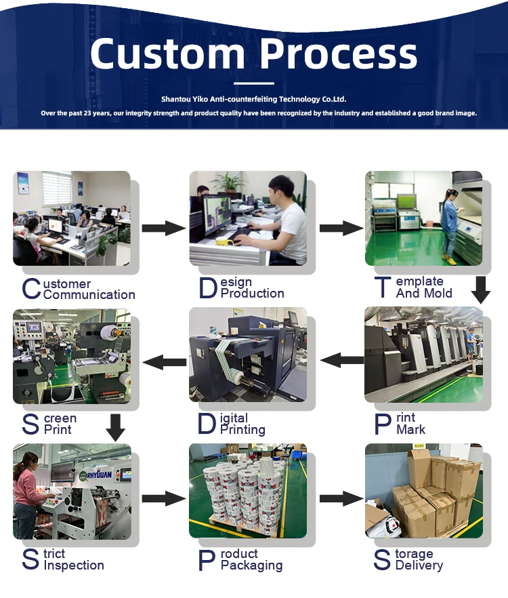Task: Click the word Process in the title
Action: [x=339, y=54]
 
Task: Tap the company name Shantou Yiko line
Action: [x=253, y=99]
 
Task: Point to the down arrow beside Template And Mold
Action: [x=480, y=290]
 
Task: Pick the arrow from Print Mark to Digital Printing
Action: [x=341, y=360]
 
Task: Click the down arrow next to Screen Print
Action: [x=116, y=426]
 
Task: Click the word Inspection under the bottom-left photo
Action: [x=74, y=565]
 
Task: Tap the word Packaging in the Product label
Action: [x=251, y=565]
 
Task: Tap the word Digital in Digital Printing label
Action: [x=234, y=418]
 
